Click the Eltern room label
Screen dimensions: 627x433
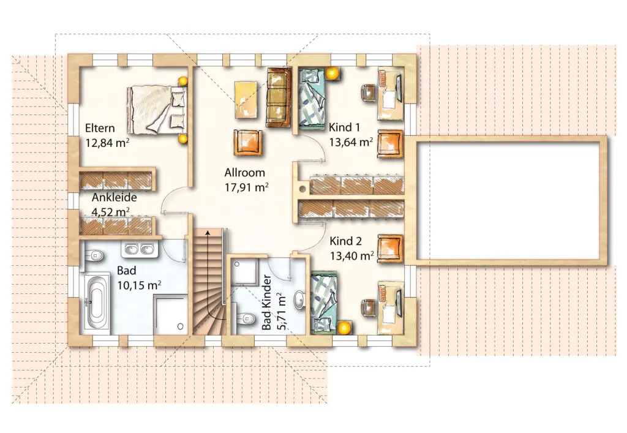coord(100,128)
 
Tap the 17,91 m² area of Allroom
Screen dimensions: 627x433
coord(246,187)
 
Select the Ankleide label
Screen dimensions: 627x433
coord(115,197)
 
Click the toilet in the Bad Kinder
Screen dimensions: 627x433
coord(245,317)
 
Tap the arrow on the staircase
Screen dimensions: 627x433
coord(208,272)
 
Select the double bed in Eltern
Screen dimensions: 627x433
coord(157,109)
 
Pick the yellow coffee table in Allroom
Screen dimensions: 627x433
coord(246,100)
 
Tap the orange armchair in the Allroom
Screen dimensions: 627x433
coord(249,142)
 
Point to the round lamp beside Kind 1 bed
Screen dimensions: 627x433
coord(331,73)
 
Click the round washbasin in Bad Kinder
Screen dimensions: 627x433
coord(299,300)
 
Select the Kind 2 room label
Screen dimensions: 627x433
coord(345,241)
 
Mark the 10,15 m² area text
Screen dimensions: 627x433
coord(139,285)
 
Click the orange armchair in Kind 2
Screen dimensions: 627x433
coord(390,249)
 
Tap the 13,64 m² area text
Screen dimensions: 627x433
coord(351,142)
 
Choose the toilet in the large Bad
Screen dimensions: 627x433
coord(94,254)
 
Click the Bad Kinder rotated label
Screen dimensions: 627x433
coord(267,302)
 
